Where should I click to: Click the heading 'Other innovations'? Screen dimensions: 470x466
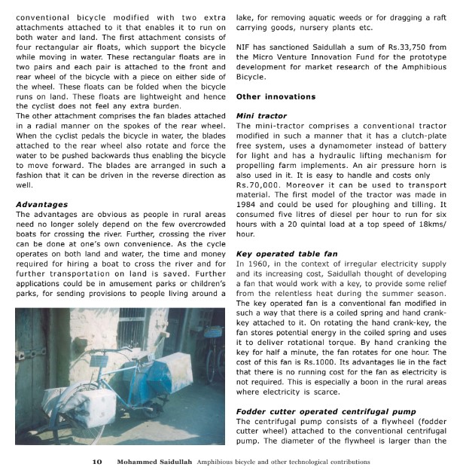[x=275, y=97]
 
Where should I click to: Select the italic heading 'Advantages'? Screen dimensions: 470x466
[x=41, y=204]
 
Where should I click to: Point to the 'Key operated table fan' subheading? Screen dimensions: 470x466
[x=286, y=254]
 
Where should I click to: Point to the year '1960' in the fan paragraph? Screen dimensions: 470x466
[x=258, y=265]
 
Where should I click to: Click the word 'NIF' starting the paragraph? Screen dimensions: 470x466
[x=244, y=47]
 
